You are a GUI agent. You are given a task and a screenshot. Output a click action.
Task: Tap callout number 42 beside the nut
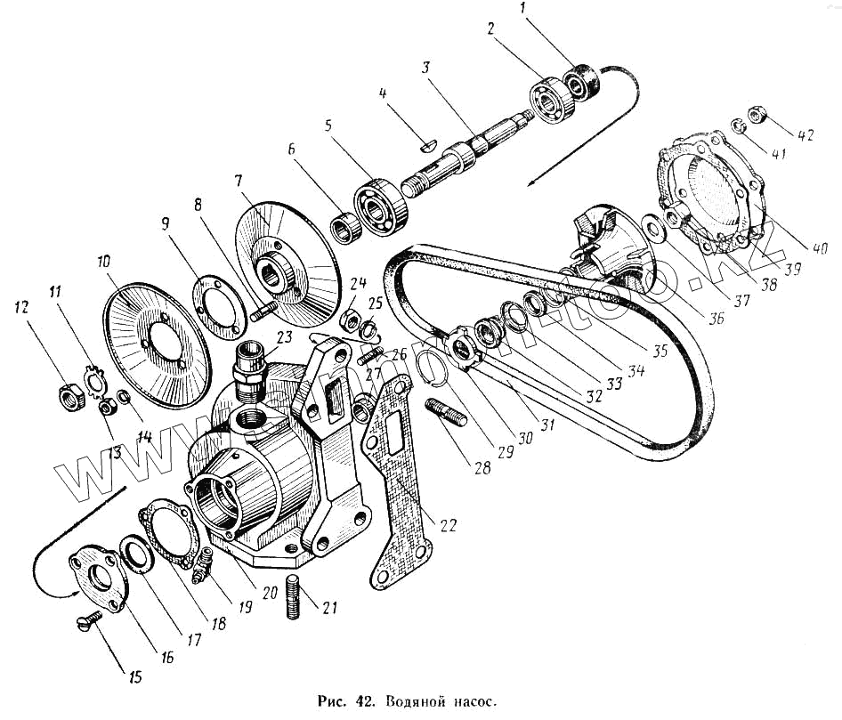pos(805,136)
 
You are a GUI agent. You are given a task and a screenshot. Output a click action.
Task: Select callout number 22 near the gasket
pos(447,525)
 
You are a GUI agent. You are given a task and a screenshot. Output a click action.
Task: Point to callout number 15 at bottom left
pos(135,677)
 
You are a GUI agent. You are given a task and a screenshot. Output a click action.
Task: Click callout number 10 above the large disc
pos(105,263)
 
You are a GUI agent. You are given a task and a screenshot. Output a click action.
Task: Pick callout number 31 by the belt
pos(546,425)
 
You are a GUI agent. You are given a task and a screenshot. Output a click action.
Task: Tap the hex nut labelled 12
pos(69,392)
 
